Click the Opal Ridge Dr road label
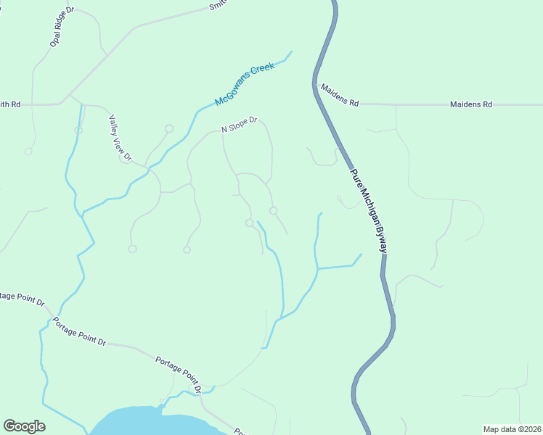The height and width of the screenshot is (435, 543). [x=62, y=27]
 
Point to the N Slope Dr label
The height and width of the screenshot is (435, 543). [x=240, y=125]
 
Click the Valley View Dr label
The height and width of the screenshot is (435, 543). [x=121, y=138]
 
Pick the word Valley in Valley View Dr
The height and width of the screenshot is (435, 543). [x=114, y=125]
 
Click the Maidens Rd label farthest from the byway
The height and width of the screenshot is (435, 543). [x=471, y=104]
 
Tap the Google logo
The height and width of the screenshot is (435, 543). [x=24, y=426]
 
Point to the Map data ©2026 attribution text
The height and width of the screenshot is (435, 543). [x=512, y=428]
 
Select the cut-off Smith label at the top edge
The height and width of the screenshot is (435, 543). [x=217, y=6]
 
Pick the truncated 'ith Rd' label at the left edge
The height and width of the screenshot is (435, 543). [x=10, y=104]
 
